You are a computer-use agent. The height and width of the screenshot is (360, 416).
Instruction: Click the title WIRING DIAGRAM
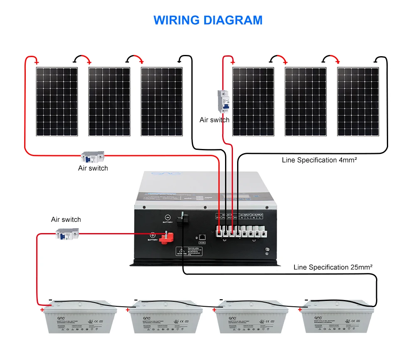[x=208, y=20]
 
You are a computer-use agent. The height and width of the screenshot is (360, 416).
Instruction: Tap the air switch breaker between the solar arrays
[x=223, y=101]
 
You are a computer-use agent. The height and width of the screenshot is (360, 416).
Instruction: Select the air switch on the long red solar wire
[x=92, y=157]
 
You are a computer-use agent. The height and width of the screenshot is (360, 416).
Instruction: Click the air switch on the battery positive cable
[x=67, y=236]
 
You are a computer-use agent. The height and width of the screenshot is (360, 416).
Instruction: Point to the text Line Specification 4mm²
[x=319, y=160]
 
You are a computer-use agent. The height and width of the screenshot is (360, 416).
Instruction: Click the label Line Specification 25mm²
[x=333, y=267]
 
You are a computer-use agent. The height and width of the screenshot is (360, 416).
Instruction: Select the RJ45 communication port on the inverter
[x=202, y=237]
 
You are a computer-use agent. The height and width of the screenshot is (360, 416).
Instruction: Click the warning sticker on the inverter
[x=189, y=251]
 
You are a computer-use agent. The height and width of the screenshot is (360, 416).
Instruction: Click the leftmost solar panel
[x=57, y=102]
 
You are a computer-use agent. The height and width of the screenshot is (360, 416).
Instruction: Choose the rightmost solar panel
[x=358, y=102]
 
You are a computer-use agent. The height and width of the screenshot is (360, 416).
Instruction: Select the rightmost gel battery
[x=337, y=318]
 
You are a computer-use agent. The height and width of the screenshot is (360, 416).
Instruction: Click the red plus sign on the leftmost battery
[x=42, y=310]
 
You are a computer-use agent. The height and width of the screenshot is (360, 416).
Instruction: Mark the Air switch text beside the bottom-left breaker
[x=66, y=219]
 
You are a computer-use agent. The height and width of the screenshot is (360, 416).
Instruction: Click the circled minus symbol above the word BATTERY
[x=167, y=217]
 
